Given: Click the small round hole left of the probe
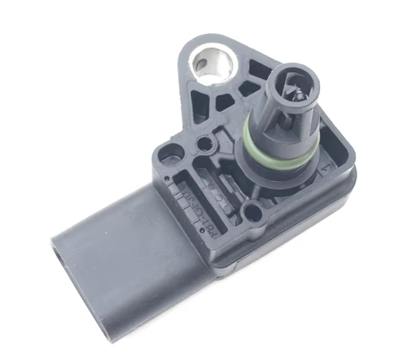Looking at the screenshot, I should point(203,143).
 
